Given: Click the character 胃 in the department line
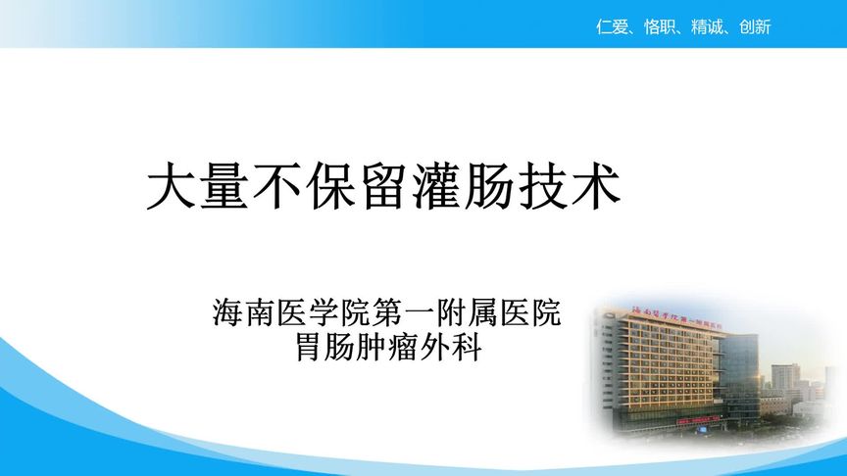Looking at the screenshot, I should (310, 347).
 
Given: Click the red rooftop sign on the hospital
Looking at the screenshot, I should (677, 317).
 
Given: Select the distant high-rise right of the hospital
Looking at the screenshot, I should (784, 377).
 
